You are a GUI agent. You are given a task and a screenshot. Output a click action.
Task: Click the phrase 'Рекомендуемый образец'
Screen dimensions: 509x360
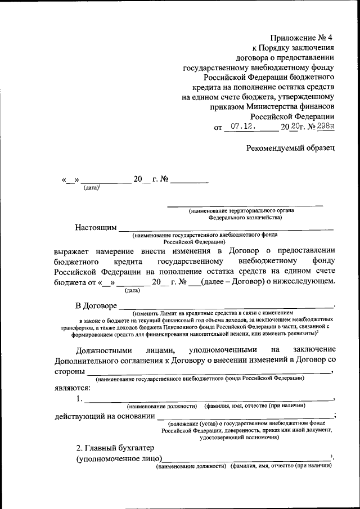(290, 148)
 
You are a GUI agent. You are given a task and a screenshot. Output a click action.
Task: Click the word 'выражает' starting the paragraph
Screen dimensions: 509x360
(76, 251)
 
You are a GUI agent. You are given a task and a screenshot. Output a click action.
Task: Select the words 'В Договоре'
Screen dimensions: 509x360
(96, 306)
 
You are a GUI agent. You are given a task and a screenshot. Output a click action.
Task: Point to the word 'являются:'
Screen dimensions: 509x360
(73, 388)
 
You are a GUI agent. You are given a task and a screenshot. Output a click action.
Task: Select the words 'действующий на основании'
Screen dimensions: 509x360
(105, 417)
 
